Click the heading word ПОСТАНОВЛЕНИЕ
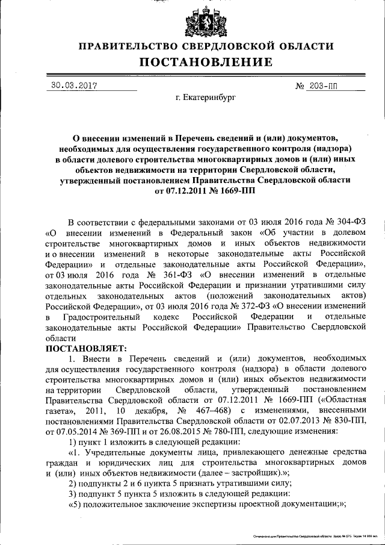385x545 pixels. [206, 62]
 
